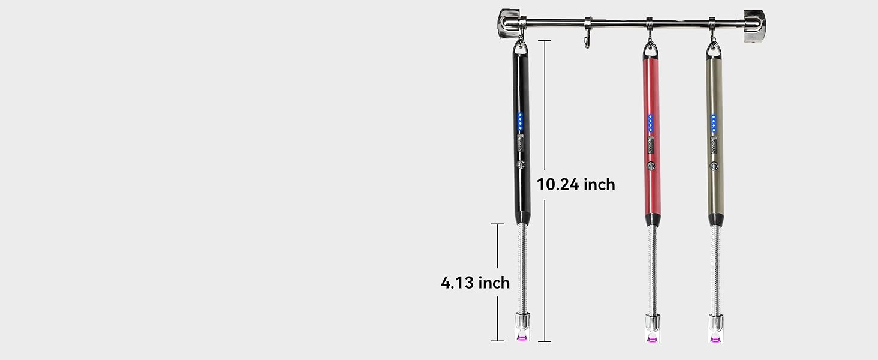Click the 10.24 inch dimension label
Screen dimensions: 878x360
(x=576, y=184)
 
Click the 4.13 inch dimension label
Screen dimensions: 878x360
(x=475, y=283)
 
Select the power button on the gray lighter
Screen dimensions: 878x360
(x=714, y=166)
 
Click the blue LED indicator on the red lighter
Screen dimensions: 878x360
(x=650, y=123)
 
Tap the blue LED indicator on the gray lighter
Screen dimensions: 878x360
(x=714, y=124)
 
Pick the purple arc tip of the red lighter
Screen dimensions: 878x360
(x=653, y=339)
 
